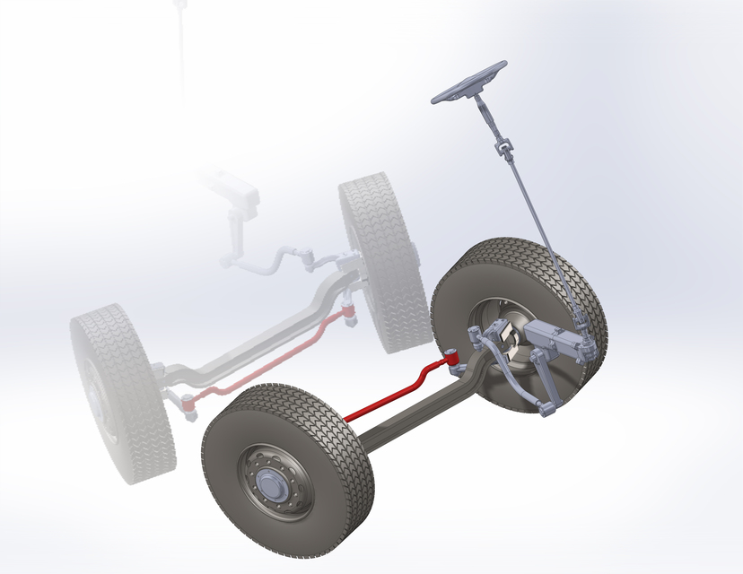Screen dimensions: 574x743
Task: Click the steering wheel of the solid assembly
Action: [x=468, y=83]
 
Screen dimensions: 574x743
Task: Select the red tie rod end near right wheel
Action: [x=453, y=360]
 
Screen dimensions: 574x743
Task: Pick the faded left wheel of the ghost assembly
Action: [x=117, y=395]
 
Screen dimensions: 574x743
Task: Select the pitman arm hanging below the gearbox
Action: [x=543, y=381]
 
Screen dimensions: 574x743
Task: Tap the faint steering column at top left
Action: [x=182, y=45]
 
